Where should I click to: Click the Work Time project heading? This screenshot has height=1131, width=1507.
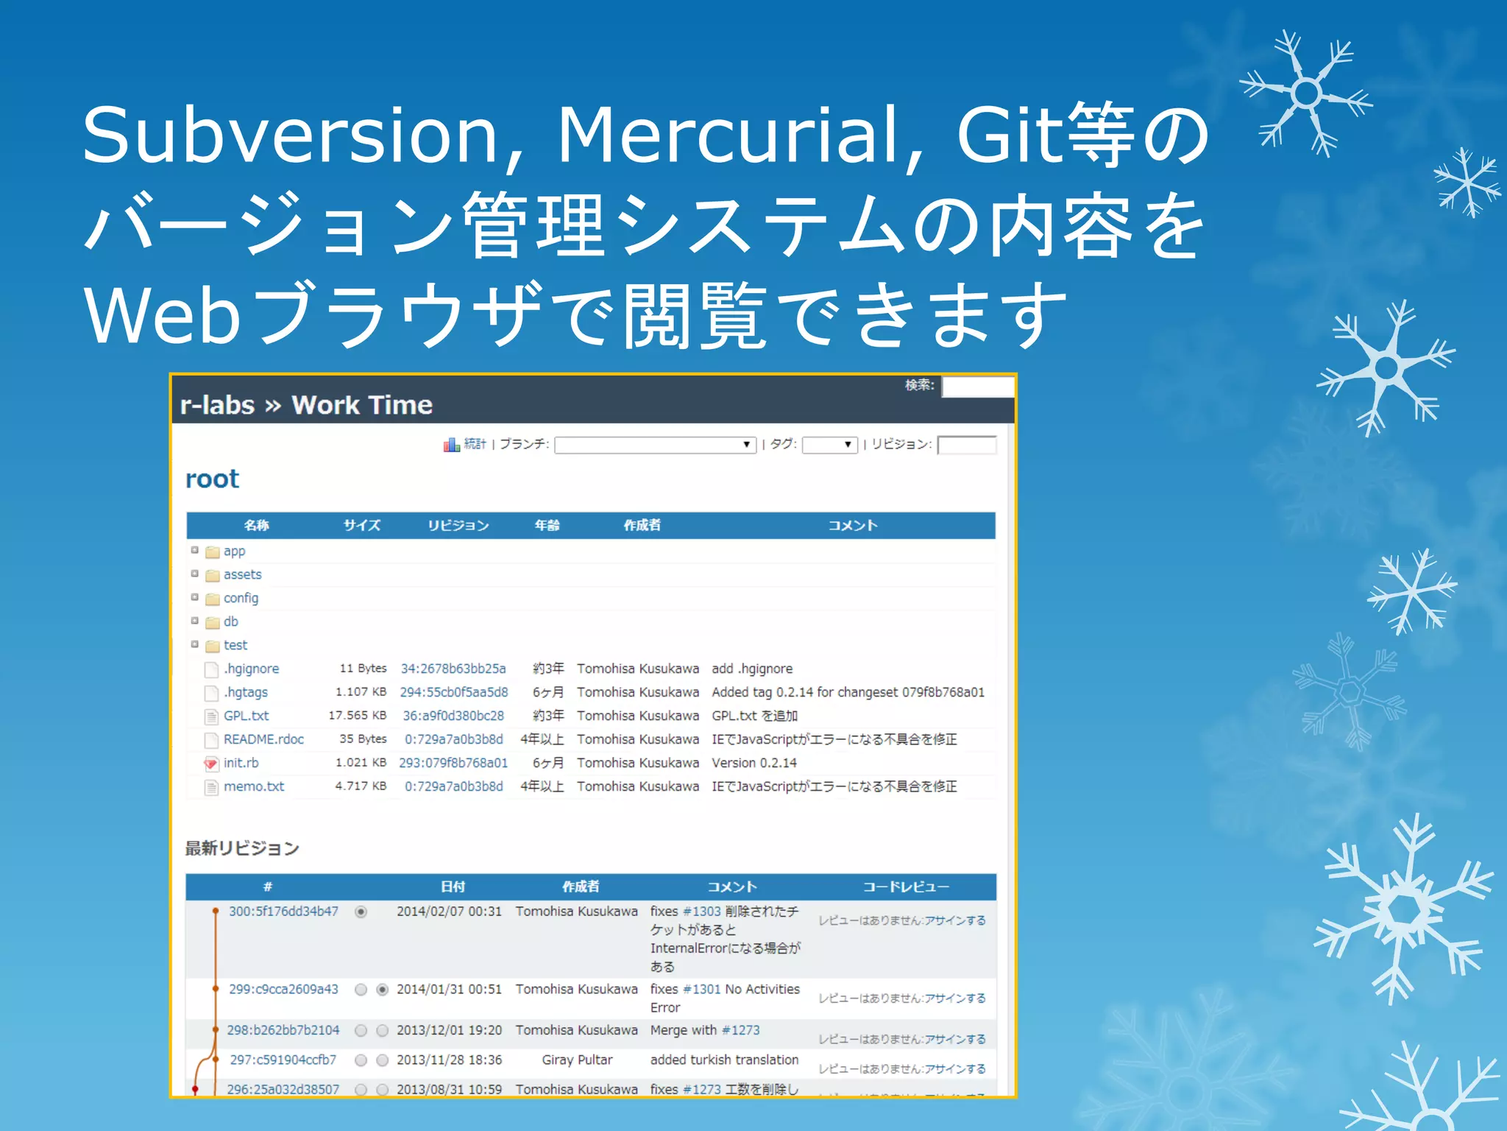coord(361,405)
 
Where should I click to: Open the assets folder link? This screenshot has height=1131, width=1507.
coord(242,574)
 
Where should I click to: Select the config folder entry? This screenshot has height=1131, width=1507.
coord(241,598)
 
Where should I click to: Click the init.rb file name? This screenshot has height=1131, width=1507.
coord(241,763)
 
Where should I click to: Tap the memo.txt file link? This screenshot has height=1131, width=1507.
coord(253,786)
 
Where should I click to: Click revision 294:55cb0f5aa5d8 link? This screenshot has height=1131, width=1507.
coord(453,692)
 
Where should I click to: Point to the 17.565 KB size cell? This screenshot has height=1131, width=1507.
coord(357,716)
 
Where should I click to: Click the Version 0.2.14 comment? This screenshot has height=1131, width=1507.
coord(753,763)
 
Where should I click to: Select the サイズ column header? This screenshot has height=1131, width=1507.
coord(361,525)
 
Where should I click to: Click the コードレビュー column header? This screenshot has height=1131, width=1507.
coord(906,887)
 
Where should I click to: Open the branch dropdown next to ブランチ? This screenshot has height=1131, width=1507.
coord(655,445)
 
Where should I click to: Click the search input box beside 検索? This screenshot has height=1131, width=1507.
coord(977,386)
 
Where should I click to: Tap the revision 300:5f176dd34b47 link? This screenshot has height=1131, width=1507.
coord(283,912)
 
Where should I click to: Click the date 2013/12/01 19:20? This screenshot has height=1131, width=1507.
coord(449,1030)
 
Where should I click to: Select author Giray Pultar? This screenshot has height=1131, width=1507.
coord(577,1060)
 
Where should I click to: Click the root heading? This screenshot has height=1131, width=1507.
coord(212,479)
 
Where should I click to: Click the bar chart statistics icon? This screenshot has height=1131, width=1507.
coord(451,444)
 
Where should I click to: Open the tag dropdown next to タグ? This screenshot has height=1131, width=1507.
coord(829,445)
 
